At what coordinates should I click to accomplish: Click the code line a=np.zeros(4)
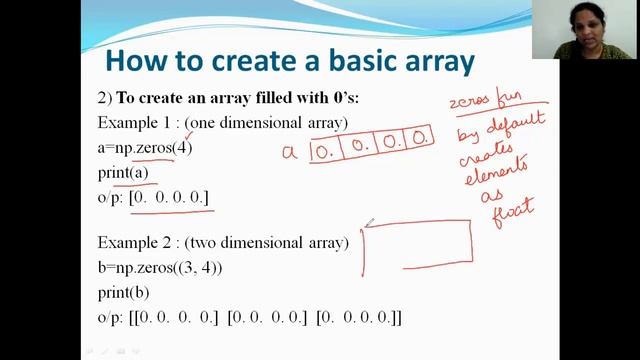point(145,148)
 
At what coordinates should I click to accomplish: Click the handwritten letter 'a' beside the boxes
point(290,152)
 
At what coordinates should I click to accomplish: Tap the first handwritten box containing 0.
point(324,151)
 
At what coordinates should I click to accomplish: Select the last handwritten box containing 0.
point(420,135)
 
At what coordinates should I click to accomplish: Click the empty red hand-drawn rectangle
point(418,245)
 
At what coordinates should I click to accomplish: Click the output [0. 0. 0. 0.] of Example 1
point(170,198)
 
